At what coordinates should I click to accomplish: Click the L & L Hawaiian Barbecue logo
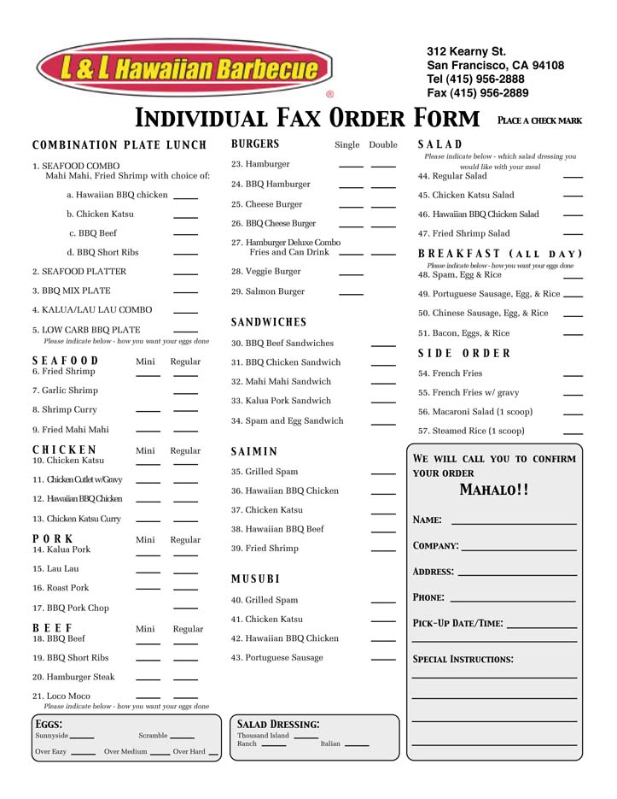click(x=183, y=68)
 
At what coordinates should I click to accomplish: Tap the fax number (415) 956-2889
click(x=477, y=93)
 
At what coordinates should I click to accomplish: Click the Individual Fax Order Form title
click(x=307, y=118)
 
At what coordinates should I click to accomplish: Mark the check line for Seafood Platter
click(x=185, y=273)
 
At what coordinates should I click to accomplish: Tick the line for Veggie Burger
click(x=351, y=273)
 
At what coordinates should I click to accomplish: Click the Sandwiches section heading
click(x=269, y=322)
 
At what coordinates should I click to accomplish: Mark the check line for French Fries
click(x=573, y=375)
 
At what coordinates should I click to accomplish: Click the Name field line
click(x=513, y=522)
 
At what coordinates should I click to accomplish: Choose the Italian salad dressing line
click(x=357, y=746)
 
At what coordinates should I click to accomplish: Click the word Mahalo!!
click(x=494, y=491)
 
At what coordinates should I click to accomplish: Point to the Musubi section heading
click(x=255, y=579)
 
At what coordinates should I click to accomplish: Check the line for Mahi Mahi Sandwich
click(x=383, y=384)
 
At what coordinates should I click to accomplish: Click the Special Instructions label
click(x=463, y=660)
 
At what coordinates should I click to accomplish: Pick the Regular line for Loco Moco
click(x=185, y=698)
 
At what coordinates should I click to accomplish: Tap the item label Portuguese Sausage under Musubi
click(x=276, y=658)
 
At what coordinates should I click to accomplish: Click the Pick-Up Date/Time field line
click(x=541, y=628)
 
